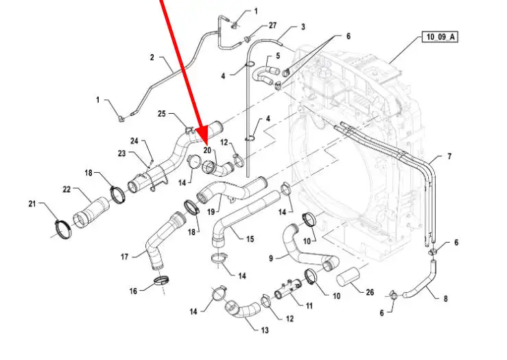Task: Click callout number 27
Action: (272, 25)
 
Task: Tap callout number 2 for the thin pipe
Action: (152, 58)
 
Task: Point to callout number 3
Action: (303, 27)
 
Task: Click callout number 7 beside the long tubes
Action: (449, 157)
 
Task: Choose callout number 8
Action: (446, 299)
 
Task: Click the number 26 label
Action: (370, 293)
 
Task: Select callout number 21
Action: (32, 204)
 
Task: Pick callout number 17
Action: (124, 257)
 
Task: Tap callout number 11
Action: (309, 306)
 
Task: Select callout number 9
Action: (271, 258)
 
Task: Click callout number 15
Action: (250, 239)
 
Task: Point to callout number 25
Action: (162, 113)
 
